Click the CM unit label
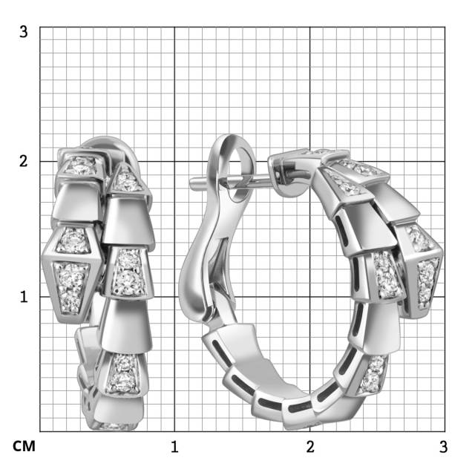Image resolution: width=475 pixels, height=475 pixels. pyautogui.click(x=24, y=446)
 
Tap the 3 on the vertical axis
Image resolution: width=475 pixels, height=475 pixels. pyautogui.click(x=23, y=31)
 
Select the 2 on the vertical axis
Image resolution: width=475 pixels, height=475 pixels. pyautogui.click(x=23, y=161)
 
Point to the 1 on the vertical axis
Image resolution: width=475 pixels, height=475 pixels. pyautogui.click(x=24, y=297)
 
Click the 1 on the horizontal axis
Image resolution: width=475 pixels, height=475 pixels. pyautogui.click(x=174, y=447)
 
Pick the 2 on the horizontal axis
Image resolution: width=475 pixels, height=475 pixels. pyautogui.click(x=310, y=447)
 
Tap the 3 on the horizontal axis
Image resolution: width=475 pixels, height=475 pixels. pyautogui.click(x=444, y=447)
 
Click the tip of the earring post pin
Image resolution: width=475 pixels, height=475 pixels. pyautogui.click(x=191, y=183)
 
